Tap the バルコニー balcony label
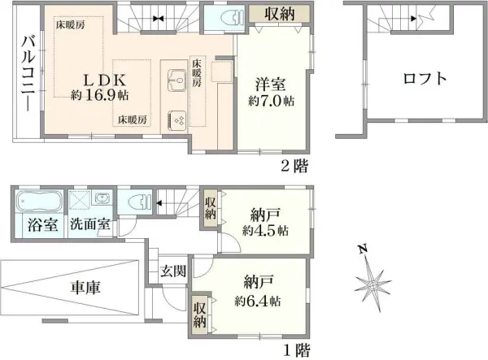pyautogui.click(x=28, y=73)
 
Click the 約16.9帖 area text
pyautogui.click(x=99, y=95)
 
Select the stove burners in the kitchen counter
pyautogui.click(x=178, y=119)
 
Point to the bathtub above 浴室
pyautogui.click(x=37, y=201)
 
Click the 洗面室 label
pyautogui.click(x=90, y=225)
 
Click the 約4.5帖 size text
pyautogui.click(x=264, y=230)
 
